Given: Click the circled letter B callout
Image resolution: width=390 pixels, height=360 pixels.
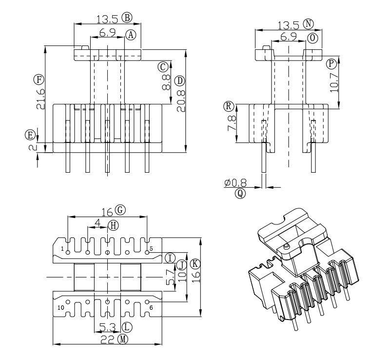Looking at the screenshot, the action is [127, 18].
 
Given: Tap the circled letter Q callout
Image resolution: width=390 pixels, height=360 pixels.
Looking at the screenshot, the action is [240, 193].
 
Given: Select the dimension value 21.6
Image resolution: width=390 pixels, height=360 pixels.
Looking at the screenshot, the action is [41, 99].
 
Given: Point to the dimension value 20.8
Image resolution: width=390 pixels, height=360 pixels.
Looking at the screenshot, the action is [181, 101].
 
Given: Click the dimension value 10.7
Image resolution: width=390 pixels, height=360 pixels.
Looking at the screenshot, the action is [334, 82].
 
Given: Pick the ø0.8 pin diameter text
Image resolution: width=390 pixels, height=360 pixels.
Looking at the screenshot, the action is [235, 183].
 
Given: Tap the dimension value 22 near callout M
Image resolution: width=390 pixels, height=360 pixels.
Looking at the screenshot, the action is [108, 340].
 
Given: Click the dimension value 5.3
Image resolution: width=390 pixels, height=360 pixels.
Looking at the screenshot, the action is [108, 328].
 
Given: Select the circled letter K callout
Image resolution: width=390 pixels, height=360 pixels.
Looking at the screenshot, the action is [195, 264].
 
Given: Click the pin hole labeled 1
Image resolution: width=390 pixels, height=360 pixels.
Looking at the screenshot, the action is [68, 253].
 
